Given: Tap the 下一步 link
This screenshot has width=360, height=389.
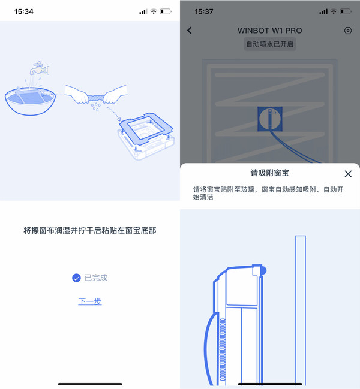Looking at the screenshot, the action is tap(90, 301).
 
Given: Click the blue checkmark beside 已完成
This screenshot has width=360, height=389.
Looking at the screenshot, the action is tap(76, 278).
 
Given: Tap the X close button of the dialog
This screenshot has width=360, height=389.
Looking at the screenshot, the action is tap(348, 174).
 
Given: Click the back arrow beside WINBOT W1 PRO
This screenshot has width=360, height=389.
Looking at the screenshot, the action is tap(190, 31).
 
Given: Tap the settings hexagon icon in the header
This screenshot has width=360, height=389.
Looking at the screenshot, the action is tap(348, 31).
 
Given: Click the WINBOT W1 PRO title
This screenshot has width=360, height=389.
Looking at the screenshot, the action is tap(270, 31).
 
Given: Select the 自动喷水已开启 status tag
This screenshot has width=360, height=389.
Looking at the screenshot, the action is tap(270, 44).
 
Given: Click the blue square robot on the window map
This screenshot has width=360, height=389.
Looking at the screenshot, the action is tap(269, 118).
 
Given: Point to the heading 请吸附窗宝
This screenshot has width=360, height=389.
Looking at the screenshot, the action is tap(270, 173).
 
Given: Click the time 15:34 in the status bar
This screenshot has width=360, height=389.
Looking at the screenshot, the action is tap(24, 11).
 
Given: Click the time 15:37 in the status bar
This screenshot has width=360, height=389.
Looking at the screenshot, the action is tap(204, 11).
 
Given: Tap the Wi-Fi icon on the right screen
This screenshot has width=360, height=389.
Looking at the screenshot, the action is tap(334, 11).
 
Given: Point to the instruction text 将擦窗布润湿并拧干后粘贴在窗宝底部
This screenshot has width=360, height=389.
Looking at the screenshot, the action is tap(90, 230).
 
